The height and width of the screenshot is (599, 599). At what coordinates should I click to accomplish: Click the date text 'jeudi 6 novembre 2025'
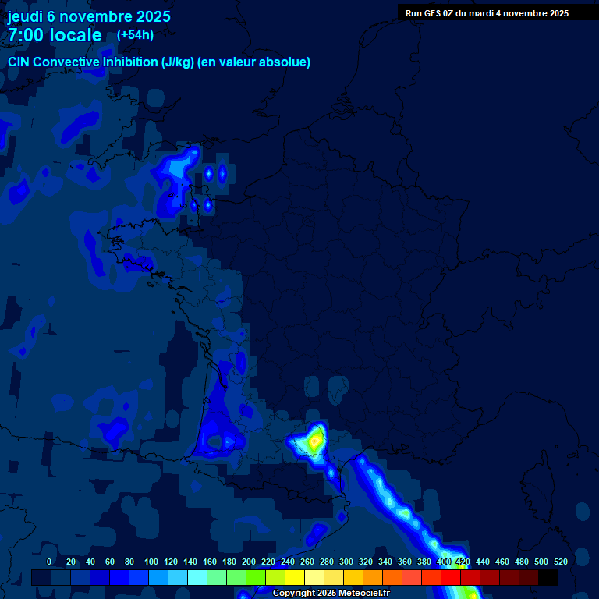click(89, 16)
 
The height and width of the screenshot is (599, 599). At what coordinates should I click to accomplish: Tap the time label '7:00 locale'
click(55, 35)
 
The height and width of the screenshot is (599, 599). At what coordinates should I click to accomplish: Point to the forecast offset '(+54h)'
click(135, 34)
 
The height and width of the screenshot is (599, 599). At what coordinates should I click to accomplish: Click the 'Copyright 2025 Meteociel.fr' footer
click(331, 593)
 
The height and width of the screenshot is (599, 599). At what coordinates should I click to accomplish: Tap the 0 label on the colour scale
click(49, 562)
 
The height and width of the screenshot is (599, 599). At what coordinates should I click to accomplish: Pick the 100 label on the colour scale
click(151, 562)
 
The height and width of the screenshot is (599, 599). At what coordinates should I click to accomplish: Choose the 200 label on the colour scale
click(249, 562)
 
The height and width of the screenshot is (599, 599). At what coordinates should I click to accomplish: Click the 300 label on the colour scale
click(346, 562)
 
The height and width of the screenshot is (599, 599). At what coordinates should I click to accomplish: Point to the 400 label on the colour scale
click(444, 562)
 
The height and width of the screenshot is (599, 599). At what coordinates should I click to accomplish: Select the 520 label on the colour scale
click(560, 562)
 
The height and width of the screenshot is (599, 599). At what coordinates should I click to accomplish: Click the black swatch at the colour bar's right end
click(548, 578)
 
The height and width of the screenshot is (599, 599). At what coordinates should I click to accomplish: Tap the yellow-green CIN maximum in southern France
click(314, 441)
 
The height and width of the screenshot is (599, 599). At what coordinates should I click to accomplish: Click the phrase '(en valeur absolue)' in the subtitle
click(254, 62)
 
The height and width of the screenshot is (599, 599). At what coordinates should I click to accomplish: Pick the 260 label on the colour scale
click(307, 562)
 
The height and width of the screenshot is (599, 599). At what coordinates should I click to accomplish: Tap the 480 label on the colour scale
click(522, 562)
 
